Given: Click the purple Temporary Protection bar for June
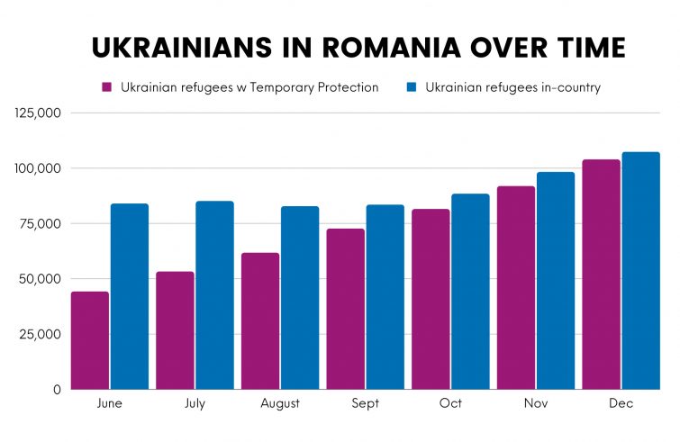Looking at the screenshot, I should click(x=89, y=340).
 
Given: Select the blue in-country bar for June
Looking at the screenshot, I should click(x=130, y=296).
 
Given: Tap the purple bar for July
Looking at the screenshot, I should click(x=175, y=330).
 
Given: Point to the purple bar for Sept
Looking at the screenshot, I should click(x=345, y=309).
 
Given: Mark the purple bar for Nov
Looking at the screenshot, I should click(x=515, y=287).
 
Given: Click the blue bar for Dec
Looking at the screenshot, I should click(x=640, y=270).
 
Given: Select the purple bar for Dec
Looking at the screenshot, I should click(x=601, y=274).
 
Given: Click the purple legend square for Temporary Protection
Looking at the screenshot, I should click(x=105, y=88).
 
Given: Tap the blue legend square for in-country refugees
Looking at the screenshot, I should click(x=411, y=88).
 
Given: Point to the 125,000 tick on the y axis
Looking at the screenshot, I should click(x=38, y=113).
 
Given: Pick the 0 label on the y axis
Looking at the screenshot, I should click(x=56, y=389).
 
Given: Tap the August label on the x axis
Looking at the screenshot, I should click(x=280, y=404).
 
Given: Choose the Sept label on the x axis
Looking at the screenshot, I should click(x=366, y=404).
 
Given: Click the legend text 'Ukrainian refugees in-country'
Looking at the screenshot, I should click(x=512, y=88).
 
